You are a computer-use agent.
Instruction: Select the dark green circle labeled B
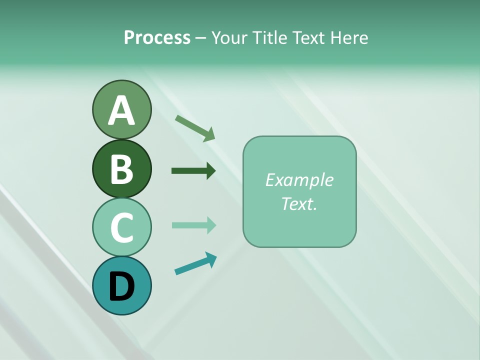(121, 168)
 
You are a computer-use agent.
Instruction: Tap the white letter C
(121, 227)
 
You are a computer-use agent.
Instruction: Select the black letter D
(121, 287)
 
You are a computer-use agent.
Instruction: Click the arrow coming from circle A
(195, 128)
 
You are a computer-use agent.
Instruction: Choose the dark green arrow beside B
(193, 171)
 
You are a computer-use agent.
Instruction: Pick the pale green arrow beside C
(193, 225)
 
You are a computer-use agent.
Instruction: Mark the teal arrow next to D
(195, 263)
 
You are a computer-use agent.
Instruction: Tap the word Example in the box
(299, 180)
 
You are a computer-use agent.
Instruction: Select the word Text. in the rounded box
(299, 203)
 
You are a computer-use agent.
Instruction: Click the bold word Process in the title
(157, 37)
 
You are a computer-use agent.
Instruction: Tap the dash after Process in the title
(200, 38)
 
